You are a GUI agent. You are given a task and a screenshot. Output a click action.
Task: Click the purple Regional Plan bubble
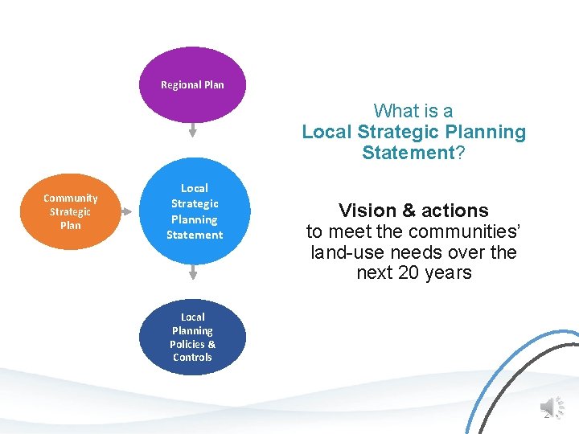click(x=192, y=85)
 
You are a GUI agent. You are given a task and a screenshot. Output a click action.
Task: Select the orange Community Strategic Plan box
click(x=71, y=211)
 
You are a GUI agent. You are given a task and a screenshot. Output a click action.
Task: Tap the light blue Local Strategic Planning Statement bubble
click(x=194, y=212)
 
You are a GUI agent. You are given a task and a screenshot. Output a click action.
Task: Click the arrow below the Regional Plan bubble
click(x=193, y=130)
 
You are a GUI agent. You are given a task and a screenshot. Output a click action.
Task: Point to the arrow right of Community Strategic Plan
click(x=128, y=212)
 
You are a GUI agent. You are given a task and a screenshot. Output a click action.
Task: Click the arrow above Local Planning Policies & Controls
click(x=193, y=273)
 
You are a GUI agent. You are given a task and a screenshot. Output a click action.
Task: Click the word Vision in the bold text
click(x=366, y=211)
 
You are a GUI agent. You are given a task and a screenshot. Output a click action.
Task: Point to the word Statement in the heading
click(x=409, y=153)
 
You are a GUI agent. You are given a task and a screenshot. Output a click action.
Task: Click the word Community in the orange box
click(x=71, y=198)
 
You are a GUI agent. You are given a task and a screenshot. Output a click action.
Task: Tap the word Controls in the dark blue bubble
click(x=192, y=358)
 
